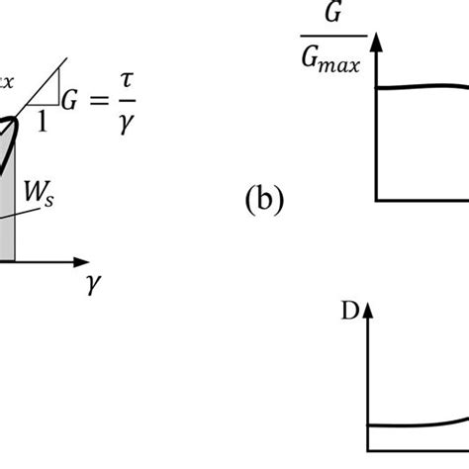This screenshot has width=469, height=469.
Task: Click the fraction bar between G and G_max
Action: (323, 38)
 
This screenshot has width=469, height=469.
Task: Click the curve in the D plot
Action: (416, 426)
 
